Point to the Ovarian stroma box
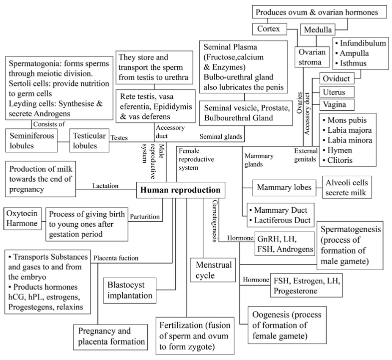(312, 57)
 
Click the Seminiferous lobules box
(31, 141)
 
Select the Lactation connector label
(105, 186)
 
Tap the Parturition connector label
(144, 217)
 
